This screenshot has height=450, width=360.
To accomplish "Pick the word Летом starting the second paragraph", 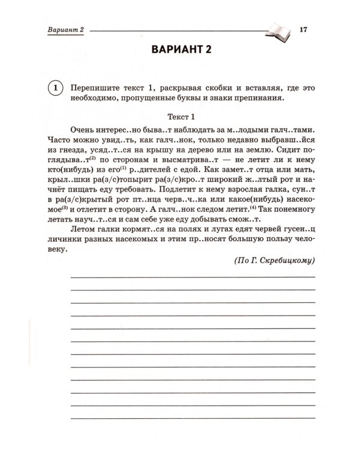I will pyautogui.click(x=83, y=230).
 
